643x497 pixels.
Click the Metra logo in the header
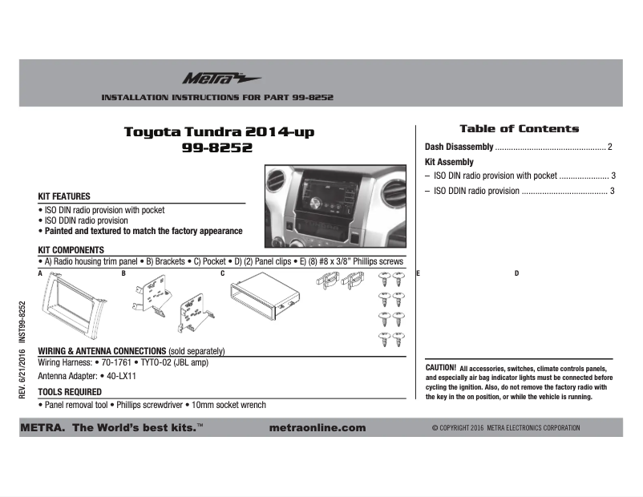(210, 79)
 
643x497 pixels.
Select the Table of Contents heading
(519, 128)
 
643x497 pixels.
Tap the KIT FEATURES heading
(64, 196)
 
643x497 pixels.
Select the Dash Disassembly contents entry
(459, 147)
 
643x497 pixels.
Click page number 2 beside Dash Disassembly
(610, 147)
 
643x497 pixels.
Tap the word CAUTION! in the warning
(440, 367)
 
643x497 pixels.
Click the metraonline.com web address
(319, 428)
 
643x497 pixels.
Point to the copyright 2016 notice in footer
(505, 428)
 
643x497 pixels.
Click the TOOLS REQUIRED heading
(70, 392)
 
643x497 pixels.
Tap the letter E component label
(418, 274)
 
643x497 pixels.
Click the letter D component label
(516, 274)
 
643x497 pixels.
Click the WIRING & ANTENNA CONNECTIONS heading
(102, 352)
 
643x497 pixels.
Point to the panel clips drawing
(339, 281)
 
